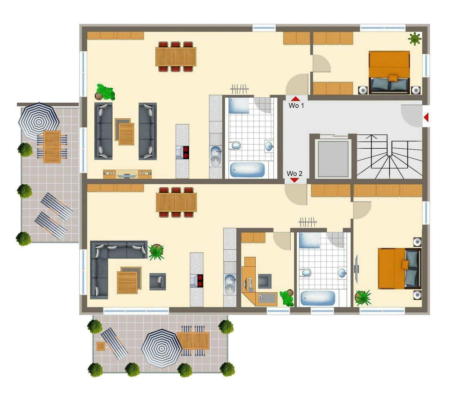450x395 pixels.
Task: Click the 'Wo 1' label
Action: (x=296, y=105)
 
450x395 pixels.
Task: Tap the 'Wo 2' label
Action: (x=294, y=173)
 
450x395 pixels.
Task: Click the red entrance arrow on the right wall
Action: (x=426, y=117)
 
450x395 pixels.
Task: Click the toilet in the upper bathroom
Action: (x=235, y=146)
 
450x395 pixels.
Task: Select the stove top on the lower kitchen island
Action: (x=200, y=280)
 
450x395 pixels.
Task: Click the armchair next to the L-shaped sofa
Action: (x=157, y=281)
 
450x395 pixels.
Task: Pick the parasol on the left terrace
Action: (x=39, y=121)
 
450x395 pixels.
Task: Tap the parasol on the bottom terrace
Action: (x=162, y=348)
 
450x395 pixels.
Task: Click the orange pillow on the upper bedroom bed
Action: (x=393, y=78)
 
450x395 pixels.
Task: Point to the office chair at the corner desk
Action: (x=265, y=281)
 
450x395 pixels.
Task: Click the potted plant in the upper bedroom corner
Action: (x=414, y=39)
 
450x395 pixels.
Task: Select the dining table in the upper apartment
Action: (x=176, y=56)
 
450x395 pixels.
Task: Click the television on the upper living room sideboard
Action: (x=127, y=176)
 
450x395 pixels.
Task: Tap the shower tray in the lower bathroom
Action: (x=309, y=240)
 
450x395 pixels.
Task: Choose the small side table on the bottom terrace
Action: (x=101, y=346)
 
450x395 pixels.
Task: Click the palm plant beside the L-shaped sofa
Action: (x=156, y=252)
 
